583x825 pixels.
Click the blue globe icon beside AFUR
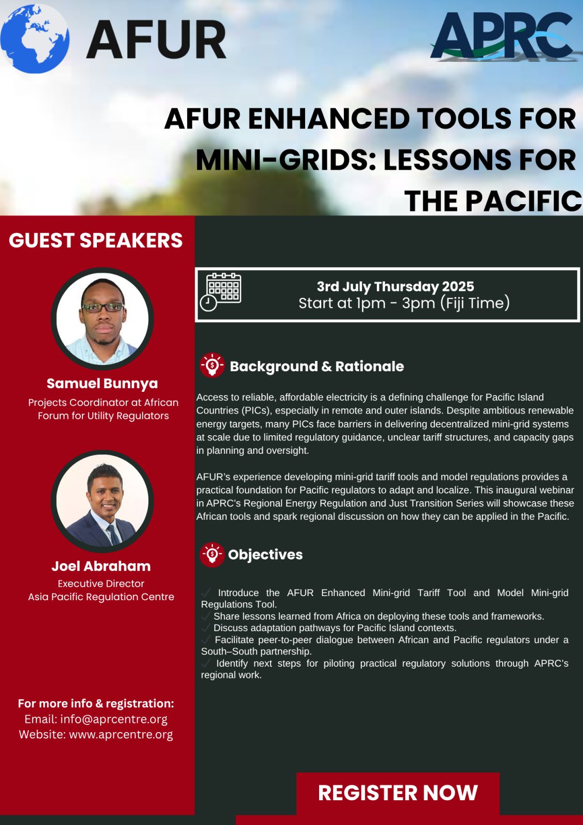tap(35, 39)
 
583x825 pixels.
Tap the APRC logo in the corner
tap(503, 36)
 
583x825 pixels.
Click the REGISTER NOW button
tap(398, 793)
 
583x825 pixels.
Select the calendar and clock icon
tap(221, 292)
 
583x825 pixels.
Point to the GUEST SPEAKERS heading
tap(96, 240)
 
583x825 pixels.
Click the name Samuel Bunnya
tap(103, 384)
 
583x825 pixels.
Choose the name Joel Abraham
tap(101, 566)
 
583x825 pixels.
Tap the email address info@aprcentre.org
tap(114, 719)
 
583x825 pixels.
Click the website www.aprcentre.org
tap(121, 734)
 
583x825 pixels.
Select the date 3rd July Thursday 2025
tap(395, 287)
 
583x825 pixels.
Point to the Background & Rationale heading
tap(317, 367)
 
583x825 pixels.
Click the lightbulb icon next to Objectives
tap(212, 555)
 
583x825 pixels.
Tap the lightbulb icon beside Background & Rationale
tap(212, 366)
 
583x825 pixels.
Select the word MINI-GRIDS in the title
tap(286, 160)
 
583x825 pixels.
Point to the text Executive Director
tap(101, 583)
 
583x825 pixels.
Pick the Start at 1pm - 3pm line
tap(404, 303)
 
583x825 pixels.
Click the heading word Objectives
tap(265, 555)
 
